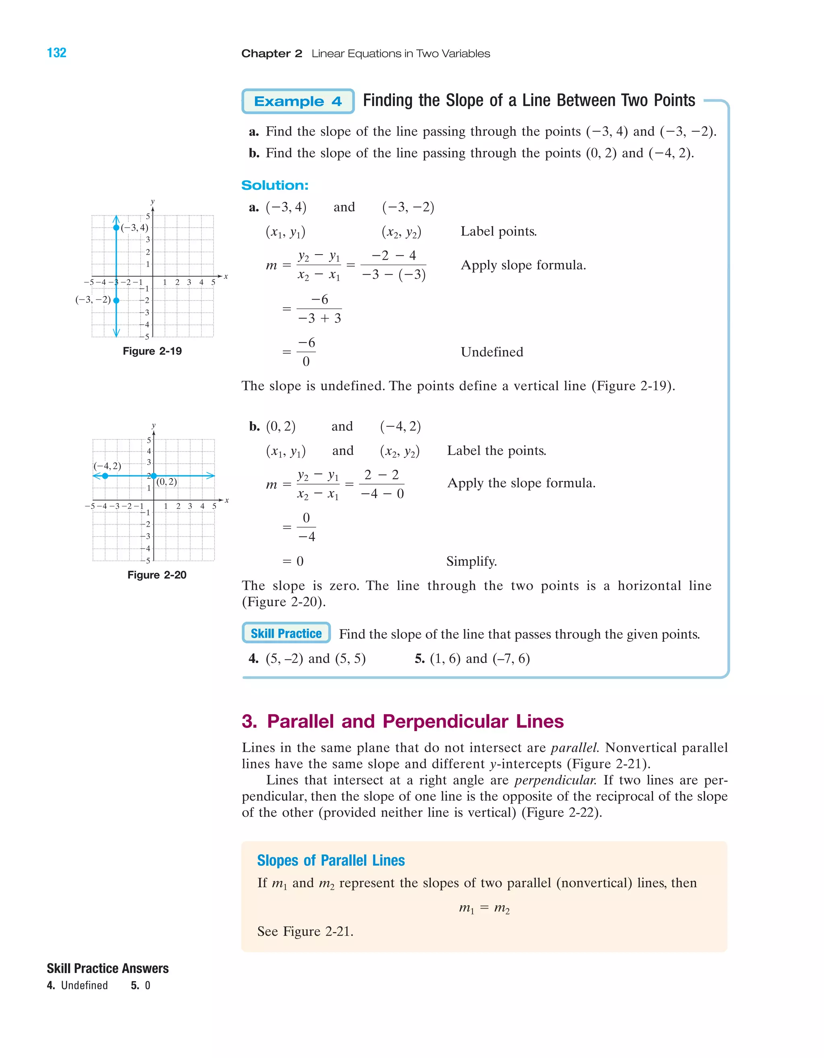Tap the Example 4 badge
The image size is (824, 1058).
[298, 101]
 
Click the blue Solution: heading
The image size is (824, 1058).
[275, 185]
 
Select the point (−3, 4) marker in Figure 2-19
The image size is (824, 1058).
[116, 228]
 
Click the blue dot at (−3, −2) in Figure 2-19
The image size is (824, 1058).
[116, 300]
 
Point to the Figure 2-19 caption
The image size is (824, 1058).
[152, 351]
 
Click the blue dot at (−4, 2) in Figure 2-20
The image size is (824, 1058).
[105, 476]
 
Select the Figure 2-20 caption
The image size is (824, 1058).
[157, 575]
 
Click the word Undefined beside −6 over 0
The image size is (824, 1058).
[492, 352]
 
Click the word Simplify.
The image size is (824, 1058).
[471, 561]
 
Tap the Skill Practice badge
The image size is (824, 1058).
[286, 633]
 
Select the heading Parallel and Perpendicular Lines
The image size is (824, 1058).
[415, 721]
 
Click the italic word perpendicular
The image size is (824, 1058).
[555, 781]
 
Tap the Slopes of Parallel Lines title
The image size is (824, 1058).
[331, 861]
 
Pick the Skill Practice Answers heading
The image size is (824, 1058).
[107, 968]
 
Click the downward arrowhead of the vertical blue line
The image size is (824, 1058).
[116, 333]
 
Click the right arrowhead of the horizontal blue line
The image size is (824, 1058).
[211, 476]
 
